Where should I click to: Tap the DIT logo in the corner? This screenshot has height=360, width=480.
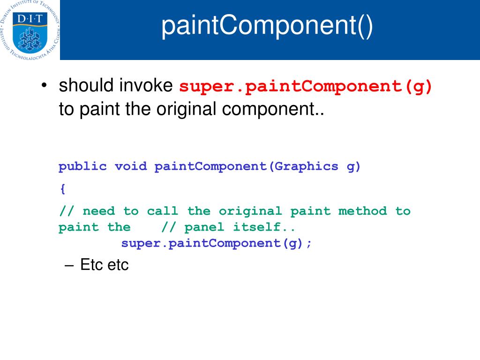click(30, 30)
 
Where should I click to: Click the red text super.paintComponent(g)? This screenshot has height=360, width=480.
click(307, 87)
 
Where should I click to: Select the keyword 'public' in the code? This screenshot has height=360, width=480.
click(82, 166)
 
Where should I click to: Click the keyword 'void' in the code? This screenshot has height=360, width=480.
click(131, 166)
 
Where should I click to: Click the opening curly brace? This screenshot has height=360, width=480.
click(62, 189)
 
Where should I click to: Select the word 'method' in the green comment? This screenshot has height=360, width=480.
click(363, 211)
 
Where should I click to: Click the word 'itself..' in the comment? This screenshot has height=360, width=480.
click(265, 227)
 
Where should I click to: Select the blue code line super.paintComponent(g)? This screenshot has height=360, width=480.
click(216, 244)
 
